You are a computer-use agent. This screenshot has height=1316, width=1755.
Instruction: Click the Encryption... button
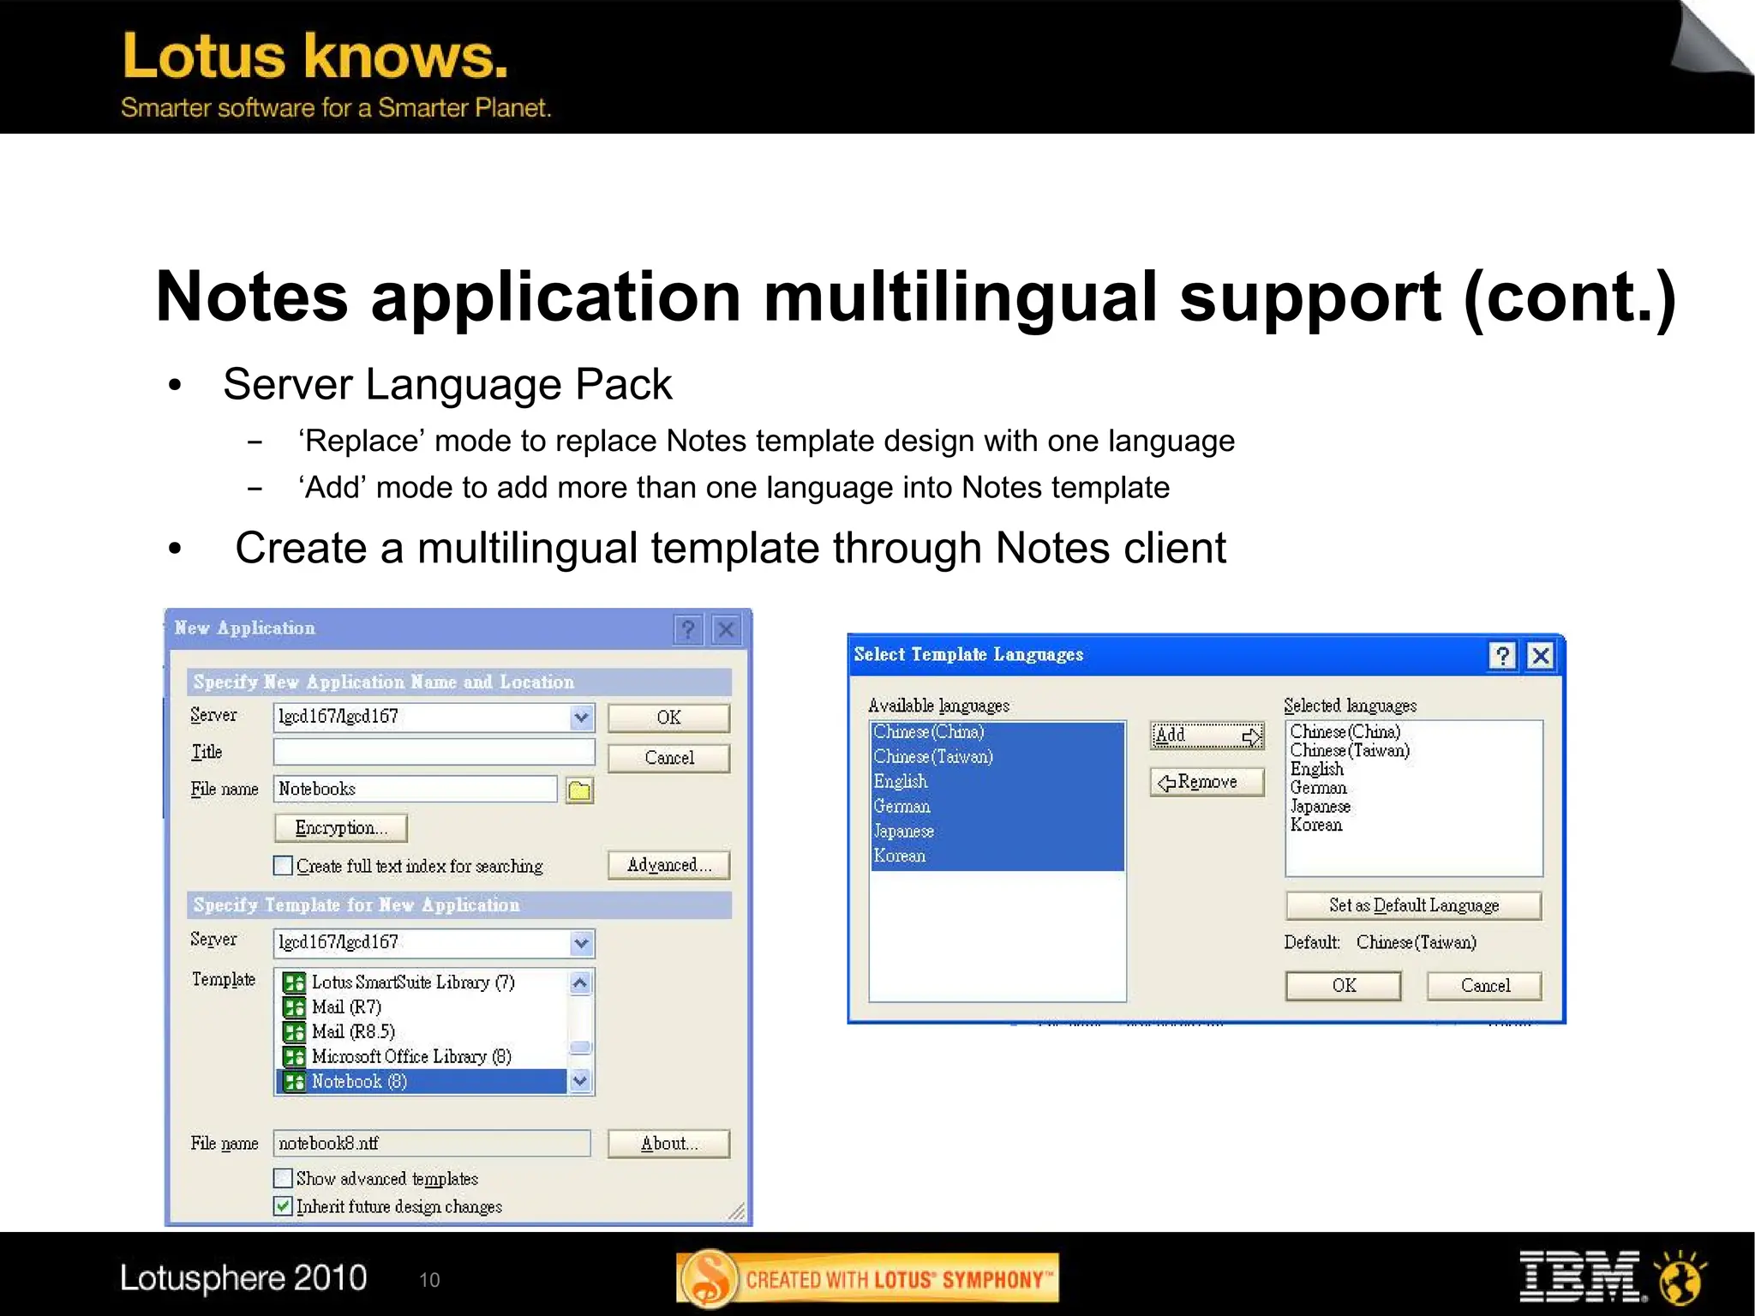click(x=340, y=827)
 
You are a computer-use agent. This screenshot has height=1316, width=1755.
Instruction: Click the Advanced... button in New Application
click(x=668, y=865)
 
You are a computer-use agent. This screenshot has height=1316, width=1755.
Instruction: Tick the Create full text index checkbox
click(x=283, y=866)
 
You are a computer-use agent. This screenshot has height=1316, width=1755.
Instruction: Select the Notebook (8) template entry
click(x=359, y=1081)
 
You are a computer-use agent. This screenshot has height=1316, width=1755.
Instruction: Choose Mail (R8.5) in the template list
click(x=353, y=1031)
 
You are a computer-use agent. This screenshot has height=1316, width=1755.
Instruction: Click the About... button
click(x=668, y=1143)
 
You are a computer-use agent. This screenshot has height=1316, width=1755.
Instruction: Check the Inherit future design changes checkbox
click(x=283, y=1206)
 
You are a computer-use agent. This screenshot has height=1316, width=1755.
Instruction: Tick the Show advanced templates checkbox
click(x=283, y=1178)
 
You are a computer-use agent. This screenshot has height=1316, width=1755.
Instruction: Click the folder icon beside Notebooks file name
click(x=580, y=790)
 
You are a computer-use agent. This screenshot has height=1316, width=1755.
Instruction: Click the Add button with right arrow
click(x=1207, y=735)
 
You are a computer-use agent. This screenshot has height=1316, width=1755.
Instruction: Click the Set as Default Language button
click(x=1413, y=905)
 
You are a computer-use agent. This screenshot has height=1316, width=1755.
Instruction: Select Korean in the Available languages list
click(x=900, y=856)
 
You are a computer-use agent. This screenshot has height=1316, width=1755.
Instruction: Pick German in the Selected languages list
click(x=1318, y=787)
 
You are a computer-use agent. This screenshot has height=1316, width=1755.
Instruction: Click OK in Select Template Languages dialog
click(x=1343, y=985)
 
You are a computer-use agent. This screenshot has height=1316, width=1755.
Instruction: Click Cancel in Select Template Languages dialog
click(x=1484, y=985)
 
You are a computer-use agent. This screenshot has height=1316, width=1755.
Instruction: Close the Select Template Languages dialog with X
click(x=1540, y=656)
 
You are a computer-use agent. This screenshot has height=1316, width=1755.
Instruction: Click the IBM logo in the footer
click(x=1578, y=1277)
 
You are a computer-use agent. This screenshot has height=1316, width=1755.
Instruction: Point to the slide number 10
click(x=429, y=1280)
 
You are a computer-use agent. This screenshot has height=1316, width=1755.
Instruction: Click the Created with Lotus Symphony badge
click(x=867, y=1279)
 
